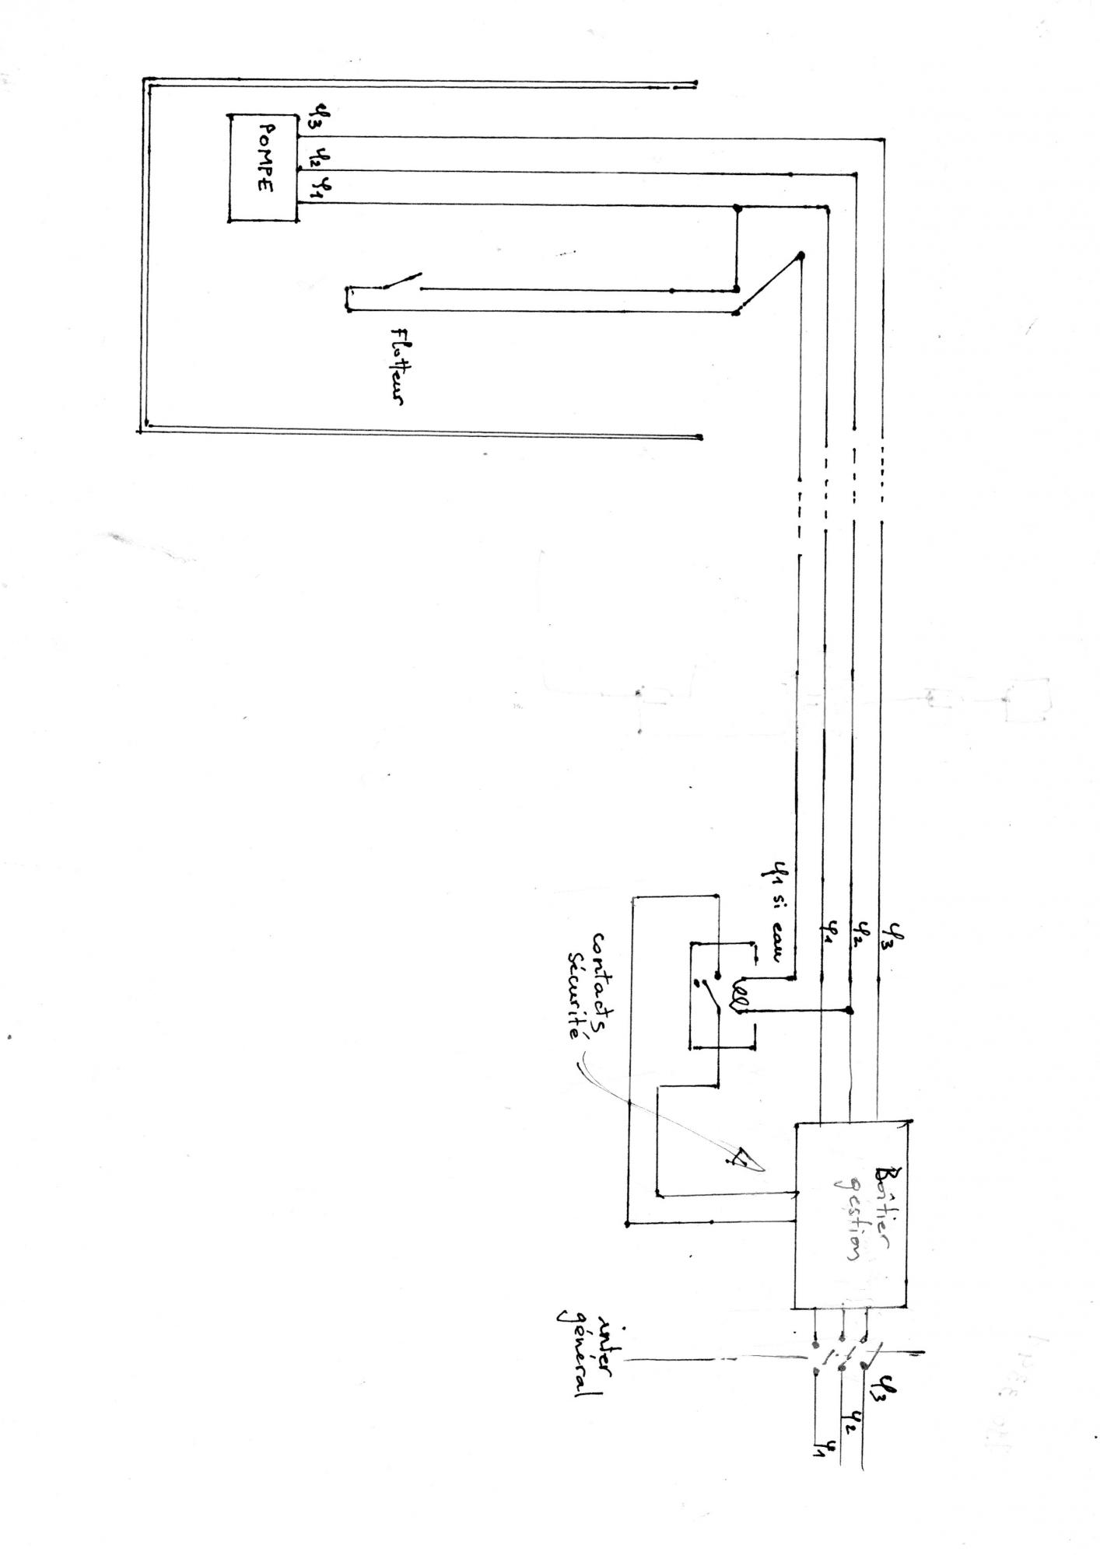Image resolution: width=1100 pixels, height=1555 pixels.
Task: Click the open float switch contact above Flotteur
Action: click(401, 281)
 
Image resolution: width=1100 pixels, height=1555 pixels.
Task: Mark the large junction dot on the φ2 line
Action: click(850, 1011)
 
